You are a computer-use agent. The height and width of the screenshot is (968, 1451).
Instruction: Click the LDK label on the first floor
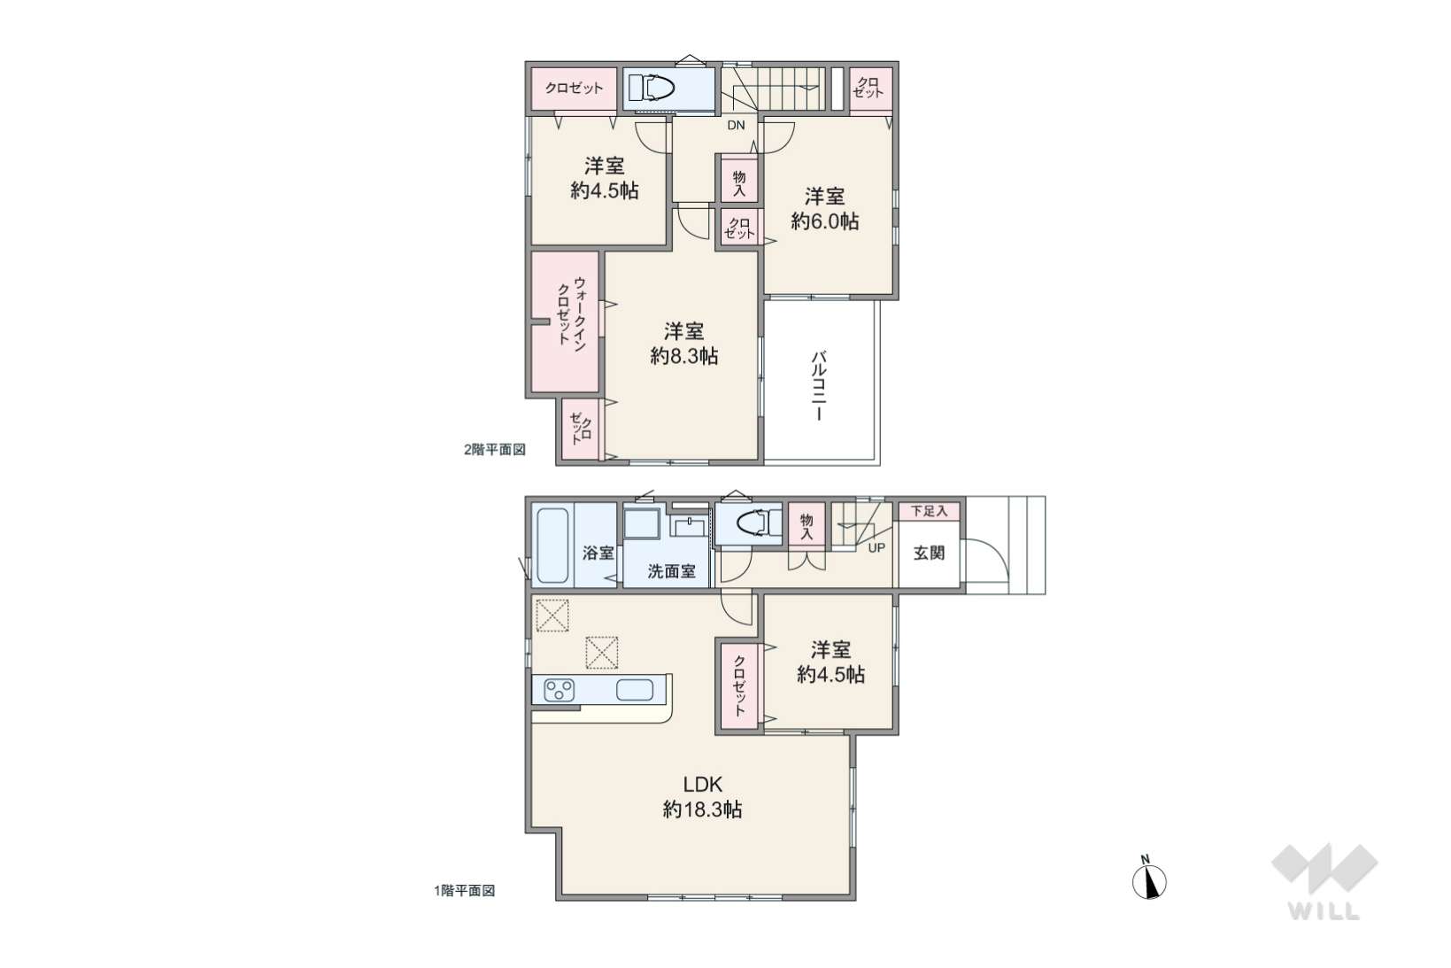[x=703, y=784]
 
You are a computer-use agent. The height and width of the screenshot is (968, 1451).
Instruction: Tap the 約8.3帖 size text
[x=684, y=356]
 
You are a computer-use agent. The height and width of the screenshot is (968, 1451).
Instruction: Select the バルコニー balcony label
[x=819, y=386]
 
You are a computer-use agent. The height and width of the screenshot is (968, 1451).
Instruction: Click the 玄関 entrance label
[x=929, y=553]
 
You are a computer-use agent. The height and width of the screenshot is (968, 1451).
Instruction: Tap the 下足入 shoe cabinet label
[x=929, y=511]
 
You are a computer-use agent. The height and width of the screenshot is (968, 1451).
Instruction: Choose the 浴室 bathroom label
[x=598, y=553]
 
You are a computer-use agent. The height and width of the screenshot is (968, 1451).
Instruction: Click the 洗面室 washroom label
[x=672, y=571]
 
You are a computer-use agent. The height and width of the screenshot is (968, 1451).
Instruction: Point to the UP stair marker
[x=876, y=548]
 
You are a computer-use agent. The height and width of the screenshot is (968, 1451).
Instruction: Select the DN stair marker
[x=736, y=126]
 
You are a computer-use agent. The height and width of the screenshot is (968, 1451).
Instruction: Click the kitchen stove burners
[x=559, y=689]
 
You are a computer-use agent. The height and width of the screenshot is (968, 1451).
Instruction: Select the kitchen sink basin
[x=634, y=690]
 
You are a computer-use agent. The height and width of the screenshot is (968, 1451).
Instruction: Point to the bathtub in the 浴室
[x=552, y=546]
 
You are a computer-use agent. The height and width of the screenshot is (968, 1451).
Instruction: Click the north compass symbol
[x=1149, y=880]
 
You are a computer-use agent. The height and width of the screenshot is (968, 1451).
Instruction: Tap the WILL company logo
[x=1324, y=882]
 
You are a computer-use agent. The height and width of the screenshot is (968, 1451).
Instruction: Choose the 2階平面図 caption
[x=494, y=450]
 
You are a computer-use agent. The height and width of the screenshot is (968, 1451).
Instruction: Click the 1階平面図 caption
[x=465, y=891]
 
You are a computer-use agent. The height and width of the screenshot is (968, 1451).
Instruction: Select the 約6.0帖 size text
[x=824, y=221]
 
